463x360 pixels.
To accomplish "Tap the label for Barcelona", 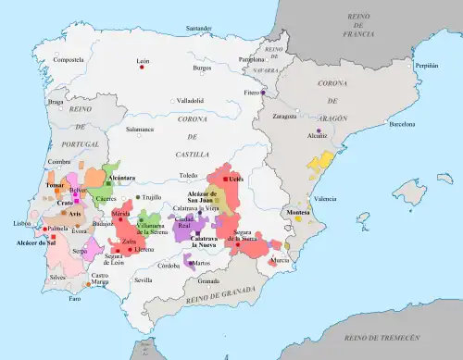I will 404,123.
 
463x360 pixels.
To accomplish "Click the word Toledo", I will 189,174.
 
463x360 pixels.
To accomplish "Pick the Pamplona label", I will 265,58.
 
